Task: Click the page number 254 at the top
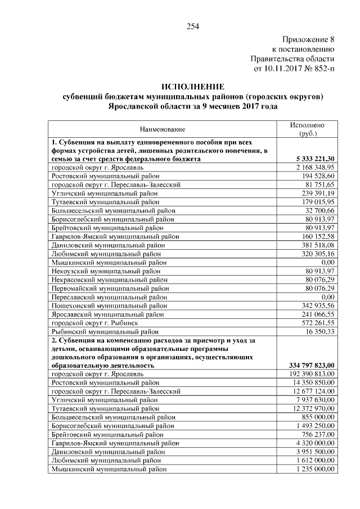coord(193,26)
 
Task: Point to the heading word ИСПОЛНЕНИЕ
coord(193,87)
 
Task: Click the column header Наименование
coord(163,129)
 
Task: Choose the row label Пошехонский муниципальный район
coord(109,305)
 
